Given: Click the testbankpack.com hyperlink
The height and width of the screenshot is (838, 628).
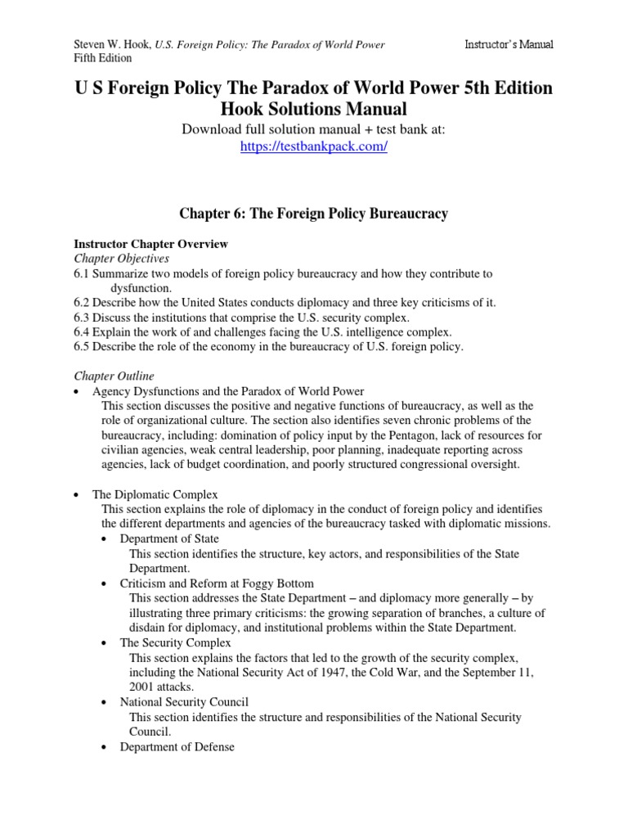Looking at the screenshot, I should [x=313, y=147].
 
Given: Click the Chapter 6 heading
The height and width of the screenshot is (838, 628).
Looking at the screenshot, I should [x=313, y=214].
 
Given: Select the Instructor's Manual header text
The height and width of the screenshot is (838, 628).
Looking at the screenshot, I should [x=508, y=44].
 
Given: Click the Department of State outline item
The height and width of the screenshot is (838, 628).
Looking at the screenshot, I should [x=169, y=539].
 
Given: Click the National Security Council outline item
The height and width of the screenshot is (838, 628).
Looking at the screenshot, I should [x=184, y=701].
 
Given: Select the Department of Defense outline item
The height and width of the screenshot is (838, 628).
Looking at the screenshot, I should [x=177, y=746].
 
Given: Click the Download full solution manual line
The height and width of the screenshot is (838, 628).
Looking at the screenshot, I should [x=313, y=130].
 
